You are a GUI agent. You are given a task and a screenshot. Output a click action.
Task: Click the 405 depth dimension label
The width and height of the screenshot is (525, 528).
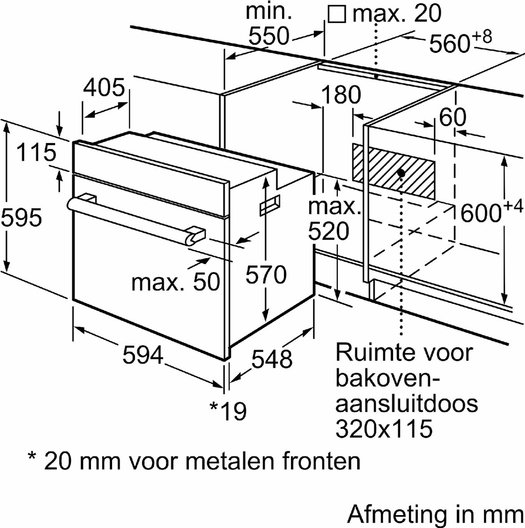tap(104, 89)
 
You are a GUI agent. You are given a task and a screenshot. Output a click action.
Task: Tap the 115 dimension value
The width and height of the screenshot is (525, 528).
tap(36, 154)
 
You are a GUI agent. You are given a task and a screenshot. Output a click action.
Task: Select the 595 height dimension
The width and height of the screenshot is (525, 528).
tap(21, 218)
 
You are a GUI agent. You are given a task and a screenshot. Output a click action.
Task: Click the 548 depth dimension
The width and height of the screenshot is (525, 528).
tap(272, 358)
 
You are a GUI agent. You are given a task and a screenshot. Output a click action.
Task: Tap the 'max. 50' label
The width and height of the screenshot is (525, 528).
tap(175, 283)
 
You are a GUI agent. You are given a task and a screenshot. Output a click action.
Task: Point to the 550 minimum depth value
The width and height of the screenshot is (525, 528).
tap(267, 37)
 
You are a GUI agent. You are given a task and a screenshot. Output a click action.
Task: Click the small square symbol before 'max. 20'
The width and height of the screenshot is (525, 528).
tap(337, 14)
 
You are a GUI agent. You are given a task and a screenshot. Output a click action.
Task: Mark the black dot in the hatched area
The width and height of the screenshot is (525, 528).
tap(401, 172)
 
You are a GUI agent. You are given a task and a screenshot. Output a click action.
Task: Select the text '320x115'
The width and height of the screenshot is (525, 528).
tap(384, 429)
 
